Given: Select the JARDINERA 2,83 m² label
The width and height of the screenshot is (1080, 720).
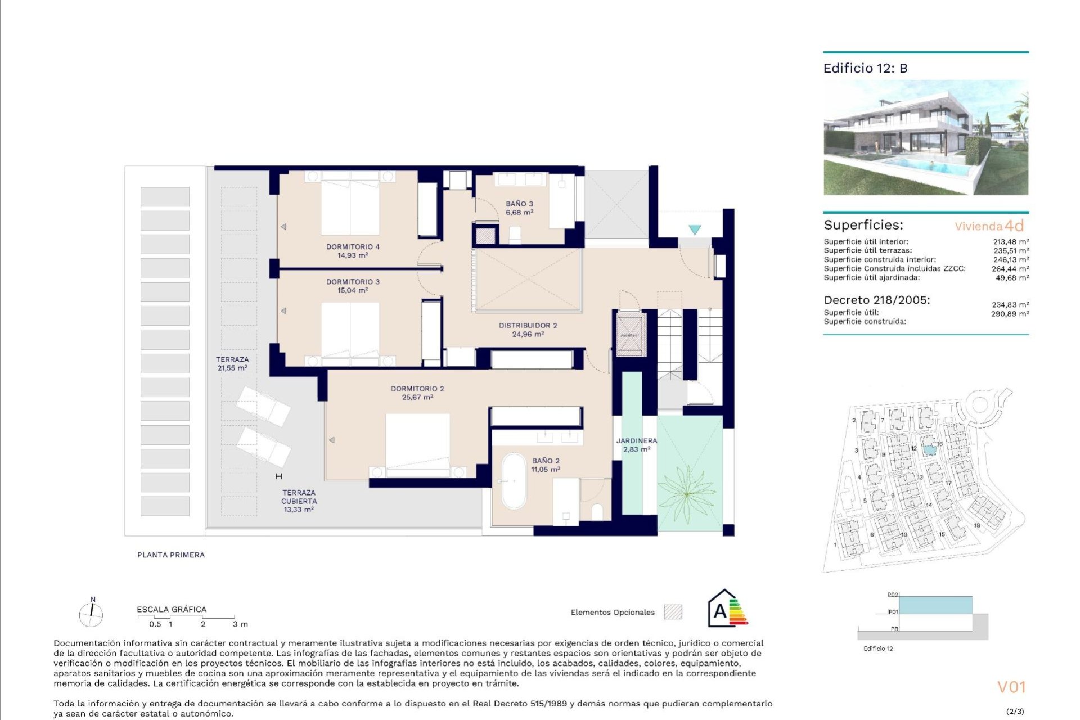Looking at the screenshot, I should [x=636, y=445].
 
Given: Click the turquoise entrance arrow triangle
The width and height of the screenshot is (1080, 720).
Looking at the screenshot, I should [x=695, y=229].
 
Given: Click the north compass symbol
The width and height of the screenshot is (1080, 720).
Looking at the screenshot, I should [x=91, y=614].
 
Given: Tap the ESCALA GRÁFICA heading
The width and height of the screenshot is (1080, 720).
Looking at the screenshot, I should [x=172, y=609].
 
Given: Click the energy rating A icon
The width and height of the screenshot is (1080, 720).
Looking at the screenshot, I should [x=727, y=609].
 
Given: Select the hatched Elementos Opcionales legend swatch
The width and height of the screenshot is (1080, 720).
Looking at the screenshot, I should [x=673, y=612].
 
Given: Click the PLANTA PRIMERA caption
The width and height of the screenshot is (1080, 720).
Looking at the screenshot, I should [x=171, y=555].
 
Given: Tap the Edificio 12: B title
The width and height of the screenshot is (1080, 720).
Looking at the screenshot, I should [x=865, y=68].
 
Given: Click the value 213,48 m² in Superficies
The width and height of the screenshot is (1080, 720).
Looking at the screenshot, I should [x=1010, y=242].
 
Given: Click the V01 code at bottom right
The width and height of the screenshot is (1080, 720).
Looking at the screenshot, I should [x=1011, y=687].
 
